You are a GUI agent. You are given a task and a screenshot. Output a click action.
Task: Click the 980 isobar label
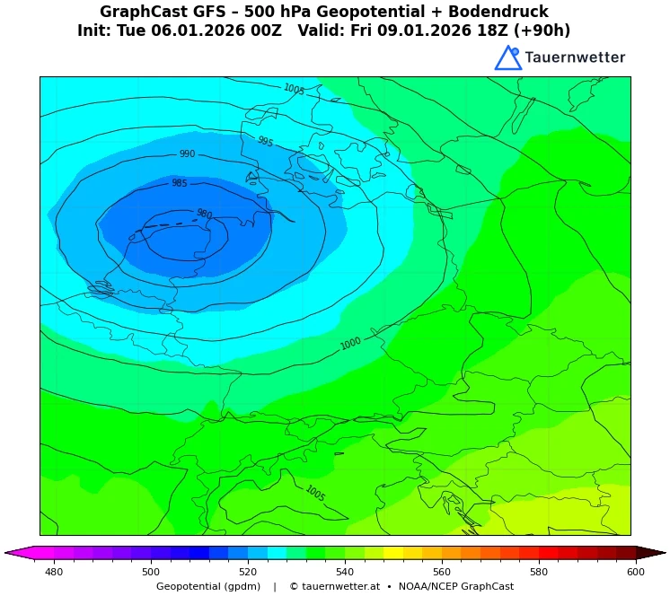coord(204,215)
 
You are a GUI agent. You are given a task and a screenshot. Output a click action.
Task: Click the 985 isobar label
coord(180,183)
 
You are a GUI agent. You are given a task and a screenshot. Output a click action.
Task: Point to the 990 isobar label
coord(187,154)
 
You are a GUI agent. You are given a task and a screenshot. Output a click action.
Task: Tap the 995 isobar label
coord(265,142)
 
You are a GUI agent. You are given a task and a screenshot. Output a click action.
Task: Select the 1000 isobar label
coord(350,344)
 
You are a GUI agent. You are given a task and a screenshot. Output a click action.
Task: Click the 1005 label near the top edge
coord(294,90)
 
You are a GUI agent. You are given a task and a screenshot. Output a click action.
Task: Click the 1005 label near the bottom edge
coord(314,493)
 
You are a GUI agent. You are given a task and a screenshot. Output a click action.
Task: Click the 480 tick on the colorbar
coord(54,572)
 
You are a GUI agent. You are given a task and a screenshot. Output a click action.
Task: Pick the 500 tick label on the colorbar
coord(151,572)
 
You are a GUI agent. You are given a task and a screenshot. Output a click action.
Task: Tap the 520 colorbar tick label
coord(248,572)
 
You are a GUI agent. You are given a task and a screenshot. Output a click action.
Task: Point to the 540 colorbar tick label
coord(345,572)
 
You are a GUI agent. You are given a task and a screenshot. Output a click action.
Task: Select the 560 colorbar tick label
coord(442,572)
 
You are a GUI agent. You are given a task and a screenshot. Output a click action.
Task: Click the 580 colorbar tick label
coord(539,572)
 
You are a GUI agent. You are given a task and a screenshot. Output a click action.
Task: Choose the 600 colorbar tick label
coord(636,572)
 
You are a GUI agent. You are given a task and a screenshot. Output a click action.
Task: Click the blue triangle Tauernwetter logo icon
coord(507,58)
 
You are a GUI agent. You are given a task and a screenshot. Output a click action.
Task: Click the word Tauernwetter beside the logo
coord(575,57)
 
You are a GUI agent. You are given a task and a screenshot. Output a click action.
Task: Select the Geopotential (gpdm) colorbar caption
coord(208,586)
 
